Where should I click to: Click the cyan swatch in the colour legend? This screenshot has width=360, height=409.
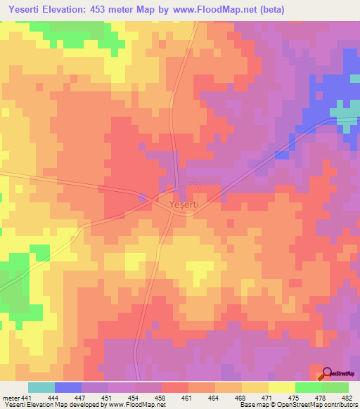[41, 387]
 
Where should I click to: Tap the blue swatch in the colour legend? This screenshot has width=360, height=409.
[68, 387]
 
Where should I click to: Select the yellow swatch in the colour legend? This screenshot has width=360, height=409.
[282, 387]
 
